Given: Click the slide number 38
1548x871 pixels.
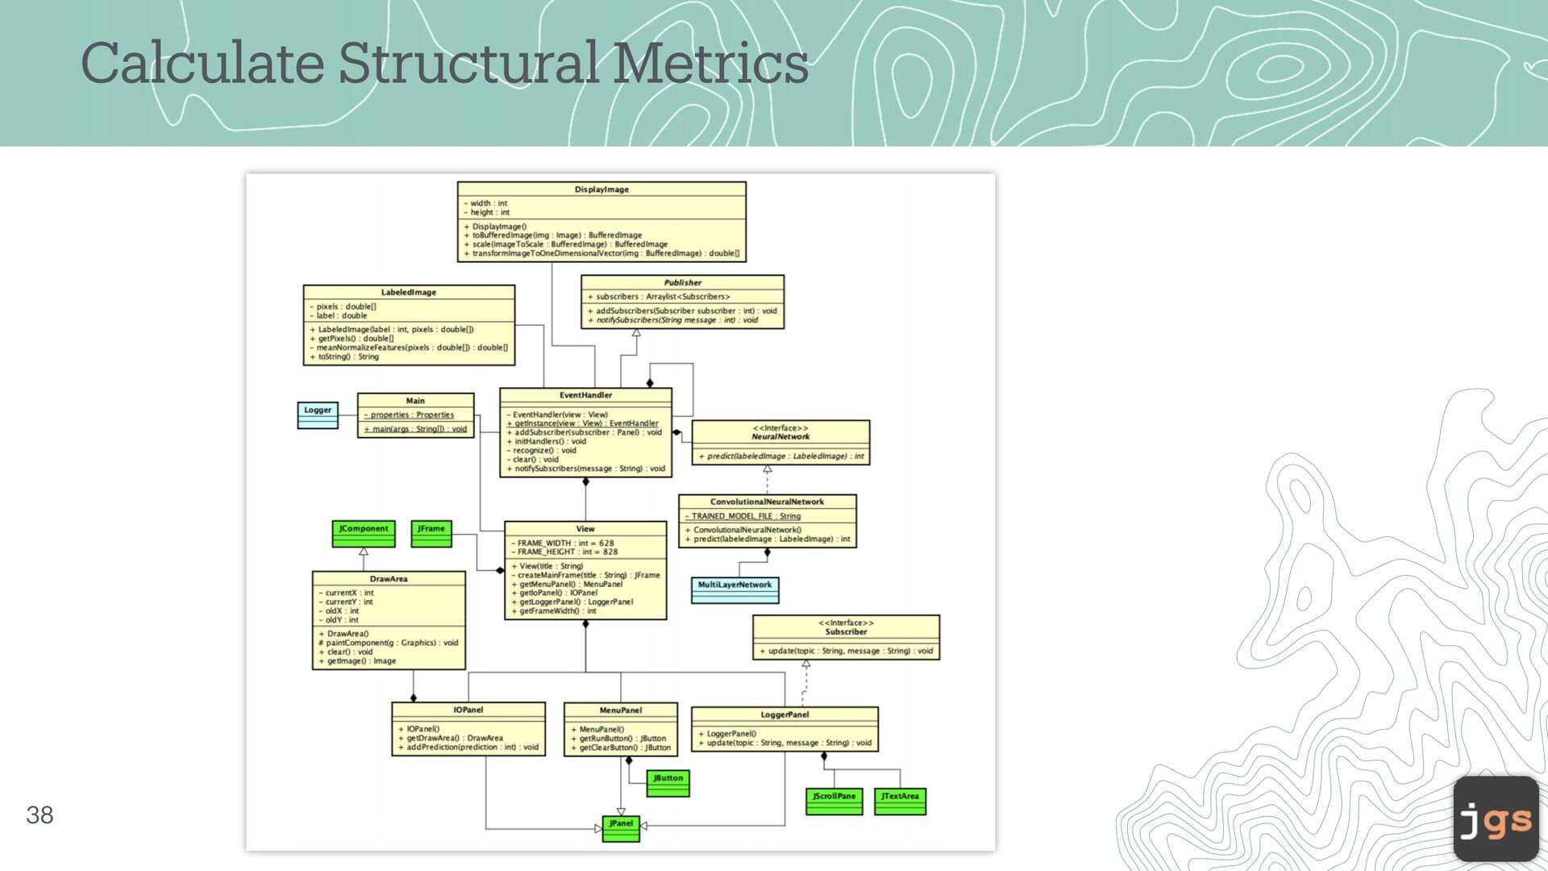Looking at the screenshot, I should click(40, 815).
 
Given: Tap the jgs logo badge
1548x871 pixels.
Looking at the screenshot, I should click(1496, 819).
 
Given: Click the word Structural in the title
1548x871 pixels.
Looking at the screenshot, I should click(468, 63).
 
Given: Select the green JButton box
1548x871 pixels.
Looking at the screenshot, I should click(668, 782).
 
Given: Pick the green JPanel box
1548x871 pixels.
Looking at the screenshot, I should click(621, 828).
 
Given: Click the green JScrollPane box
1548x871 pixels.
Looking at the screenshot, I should click(834, 801).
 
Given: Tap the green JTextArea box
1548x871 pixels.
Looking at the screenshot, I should click(900, 801).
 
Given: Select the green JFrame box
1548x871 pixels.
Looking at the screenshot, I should click(431, 533).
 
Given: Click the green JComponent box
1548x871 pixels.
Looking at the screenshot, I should click(364, 533).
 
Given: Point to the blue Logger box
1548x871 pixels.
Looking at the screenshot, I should click(318, 415).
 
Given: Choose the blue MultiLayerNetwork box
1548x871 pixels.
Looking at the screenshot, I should click(734, 590).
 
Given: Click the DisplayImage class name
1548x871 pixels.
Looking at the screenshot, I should click(601, 190).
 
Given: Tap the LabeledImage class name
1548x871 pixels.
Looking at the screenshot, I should click(409, 292).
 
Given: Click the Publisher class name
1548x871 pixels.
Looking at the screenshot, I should click(682, 283).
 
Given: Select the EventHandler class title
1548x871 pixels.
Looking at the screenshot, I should click(585, 395).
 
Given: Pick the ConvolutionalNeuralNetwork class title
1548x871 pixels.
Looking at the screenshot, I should click(767, 502).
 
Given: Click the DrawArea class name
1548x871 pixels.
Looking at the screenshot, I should click(389, 579).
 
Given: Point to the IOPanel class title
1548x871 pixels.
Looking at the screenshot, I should click(468, 710).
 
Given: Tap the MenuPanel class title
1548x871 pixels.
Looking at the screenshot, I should click(620, 711).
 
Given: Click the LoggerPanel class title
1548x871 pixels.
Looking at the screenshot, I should click(784, 715).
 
